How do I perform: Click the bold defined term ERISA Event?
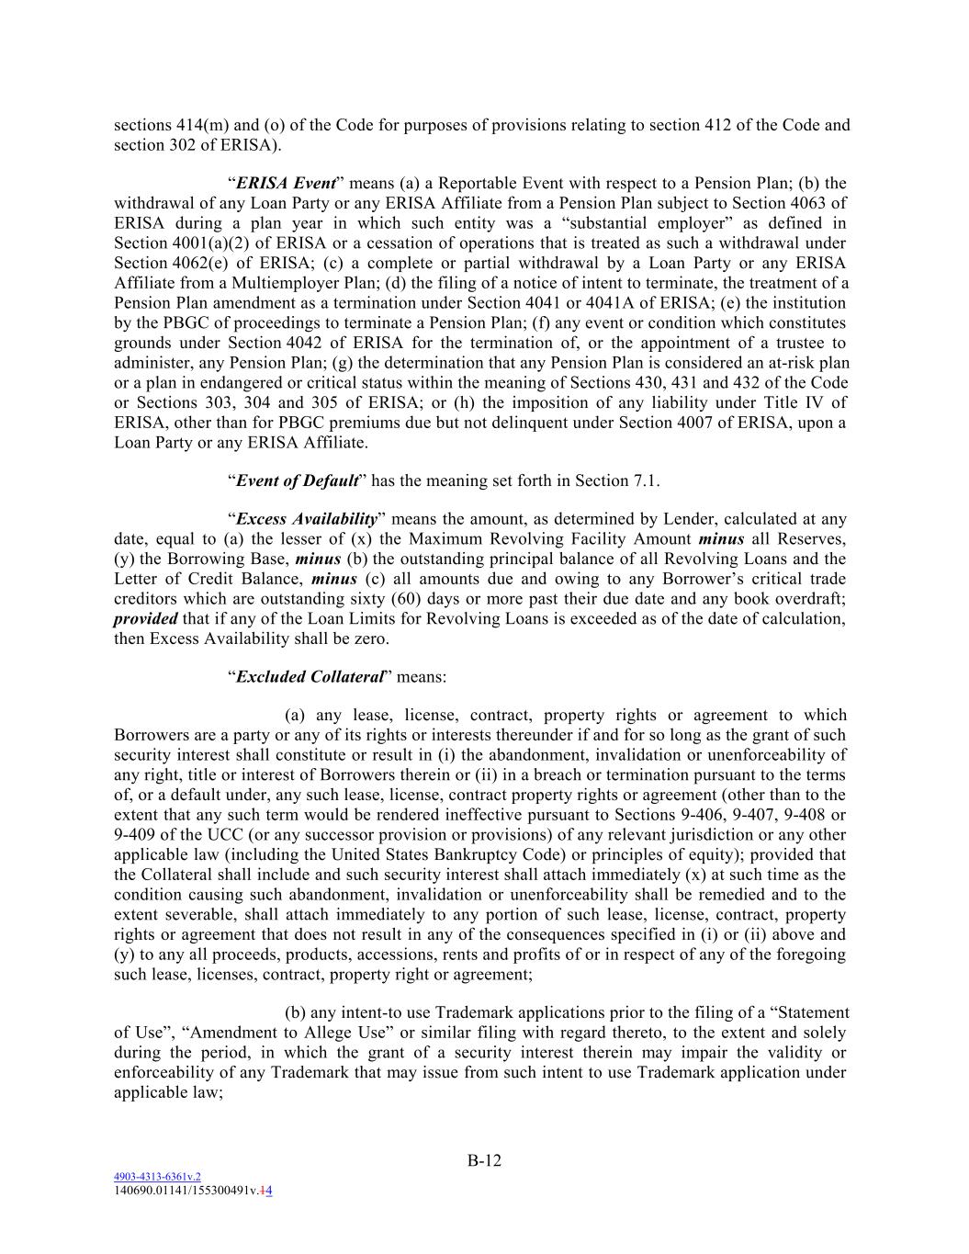point(286,183)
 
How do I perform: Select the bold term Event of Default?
point(297,480)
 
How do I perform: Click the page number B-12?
point(484,1160)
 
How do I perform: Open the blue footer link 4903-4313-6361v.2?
point(157,1176)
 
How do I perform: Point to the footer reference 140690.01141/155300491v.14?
point(193,1189)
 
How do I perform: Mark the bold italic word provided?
point(145,619)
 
